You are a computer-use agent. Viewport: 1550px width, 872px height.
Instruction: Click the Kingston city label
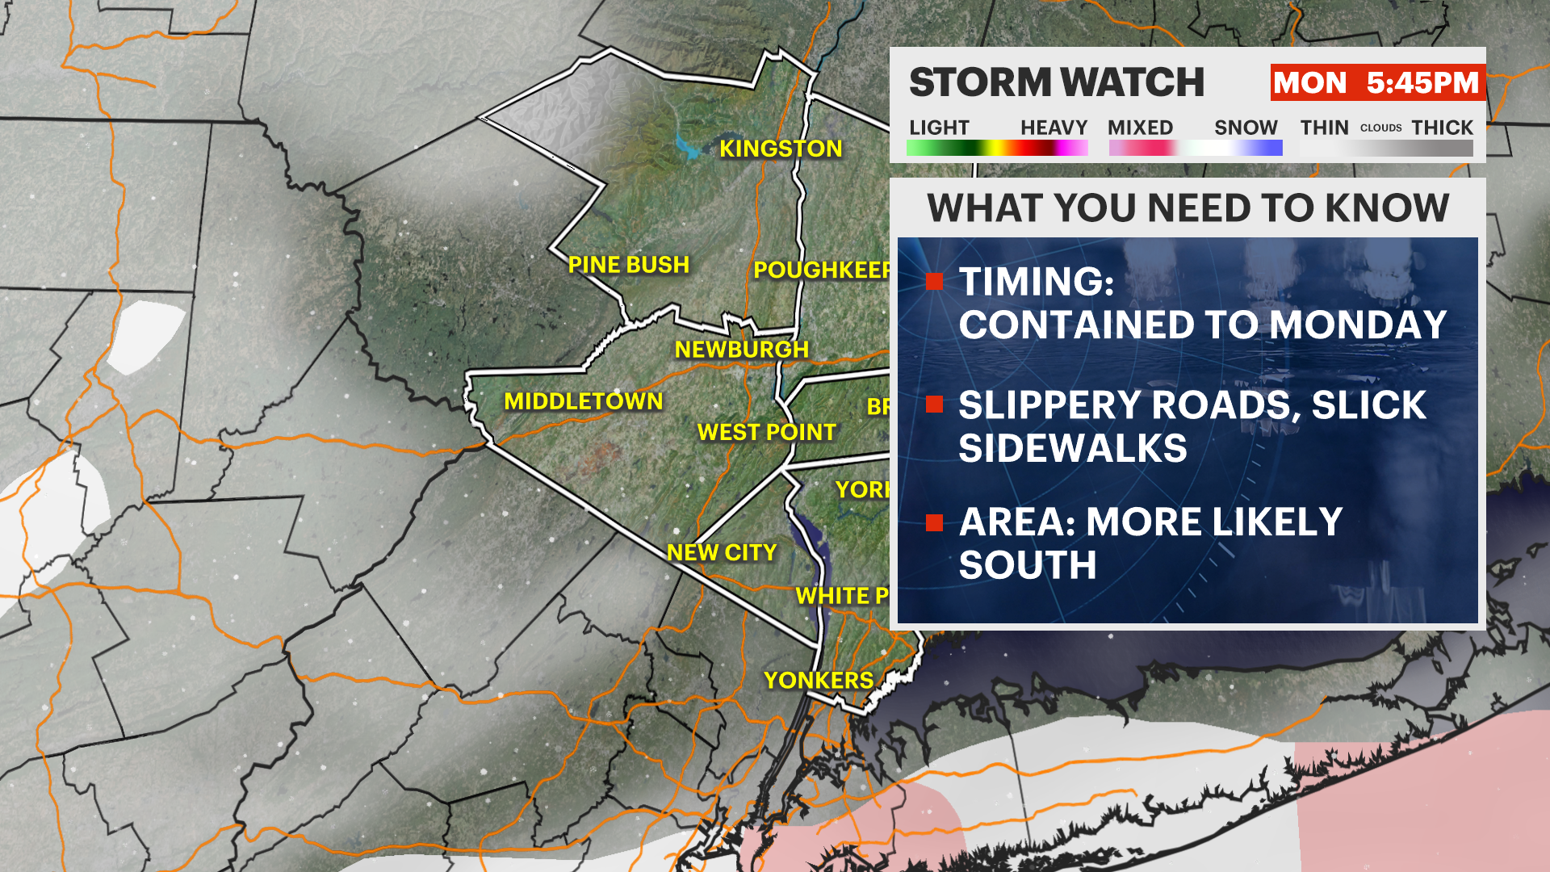[781, 149]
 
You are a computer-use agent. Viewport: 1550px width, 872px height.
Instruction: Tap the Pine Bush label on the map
[628, 265]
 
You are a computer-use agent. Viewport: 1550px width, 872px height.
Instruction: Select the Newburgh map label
[741, 350]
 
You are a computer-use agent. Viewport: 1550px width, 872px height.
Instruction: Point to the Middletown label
[583, 401]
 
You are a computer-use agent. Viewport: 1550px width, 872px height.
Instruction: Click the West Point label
[766, 433]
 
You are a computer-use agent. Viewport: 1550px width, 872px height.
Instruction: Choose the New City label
[721, 552]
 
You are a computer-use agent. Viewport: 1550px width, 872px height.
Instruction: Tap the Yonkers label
[818, 681]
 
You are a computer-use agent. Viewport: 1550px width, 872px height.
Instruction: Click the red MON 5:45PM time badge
[1376, 82]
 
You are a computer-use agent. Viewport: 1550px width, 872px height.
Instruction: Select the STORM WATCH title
[1056, 82]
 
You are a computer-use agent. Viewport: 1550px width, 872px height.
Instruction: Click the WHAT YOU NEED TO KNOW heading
[1188, 208]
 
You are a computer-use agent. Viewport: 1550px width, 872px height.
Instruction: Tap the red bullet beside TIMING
[935, 282]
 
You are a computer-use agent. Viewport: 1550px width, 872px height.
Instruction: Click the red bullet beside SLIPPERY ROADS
[935, 405]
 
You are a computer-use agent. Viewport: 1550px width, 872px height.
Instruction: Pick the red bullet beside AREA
[935, 523]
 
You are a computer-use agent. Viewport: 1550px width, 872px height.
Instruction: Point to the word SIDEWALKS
[1072, 448]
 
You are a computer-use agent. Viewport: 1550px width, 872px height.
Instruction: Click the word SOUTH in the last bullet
[1027, 565]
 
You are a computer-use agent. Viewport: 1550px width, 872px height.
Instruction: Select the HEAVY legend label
[1054, 128]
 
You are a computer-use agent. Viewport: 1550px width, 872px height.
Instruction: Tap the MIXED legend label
[1140, 128]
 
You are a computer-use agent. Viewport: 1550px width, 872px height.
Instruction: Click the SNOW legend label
[1246, 128]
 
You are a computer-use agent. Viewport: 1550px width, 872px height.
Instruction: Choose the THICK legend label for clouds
[1442, 128]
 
